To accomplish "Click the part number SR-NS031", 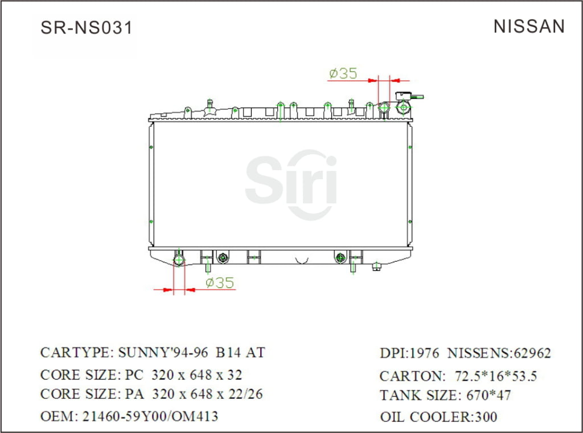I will click(87, 27).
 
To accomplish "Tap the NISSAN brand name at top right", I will click(529, 26).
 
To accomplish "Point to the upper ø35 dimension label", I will click(343, 73).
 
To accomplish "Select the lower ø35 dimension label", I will click(220, 283).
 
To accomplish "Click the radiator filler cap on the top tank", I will click(404, 106).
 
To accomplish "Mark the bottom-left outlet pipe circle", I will click(179, 261).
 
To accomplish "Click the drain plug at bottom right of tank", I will click(376, 266).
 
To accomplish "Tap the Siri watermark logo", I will click(291, 184).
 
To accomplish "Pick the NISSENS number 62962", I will click(532, 353).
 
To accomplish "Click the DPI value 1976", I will click(424, 353).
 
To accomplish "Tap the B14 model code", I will click(227, 352).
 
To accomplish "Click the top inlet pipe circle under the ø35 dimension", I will click(384, 107).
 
